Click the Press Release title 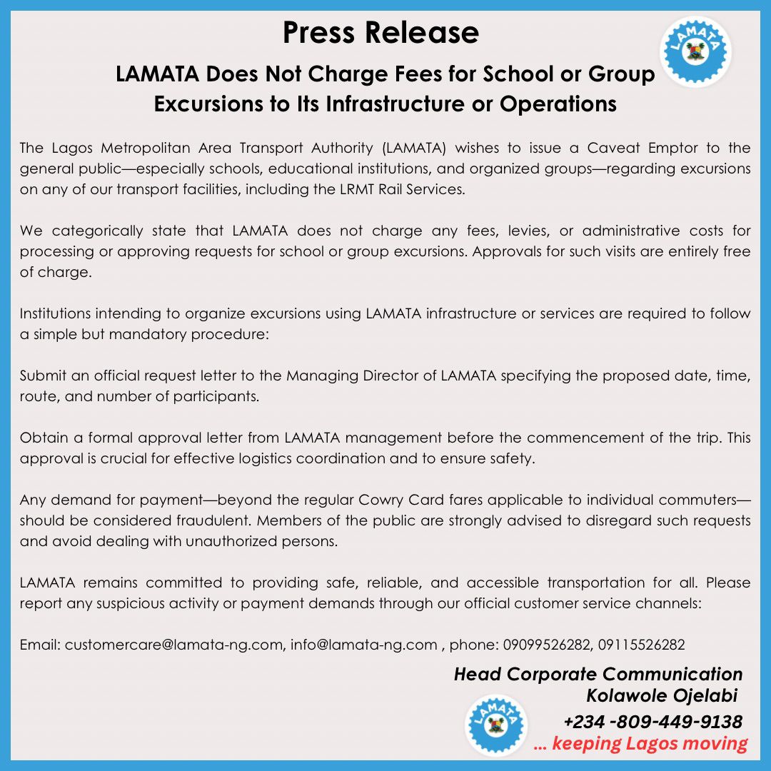[381, 33]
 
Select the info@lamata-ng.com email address [364, 645]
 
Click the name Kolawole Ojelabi [661, 695]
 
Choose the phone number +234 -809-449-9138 [652, 722]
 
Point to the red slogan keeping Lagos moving [640, 744]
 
